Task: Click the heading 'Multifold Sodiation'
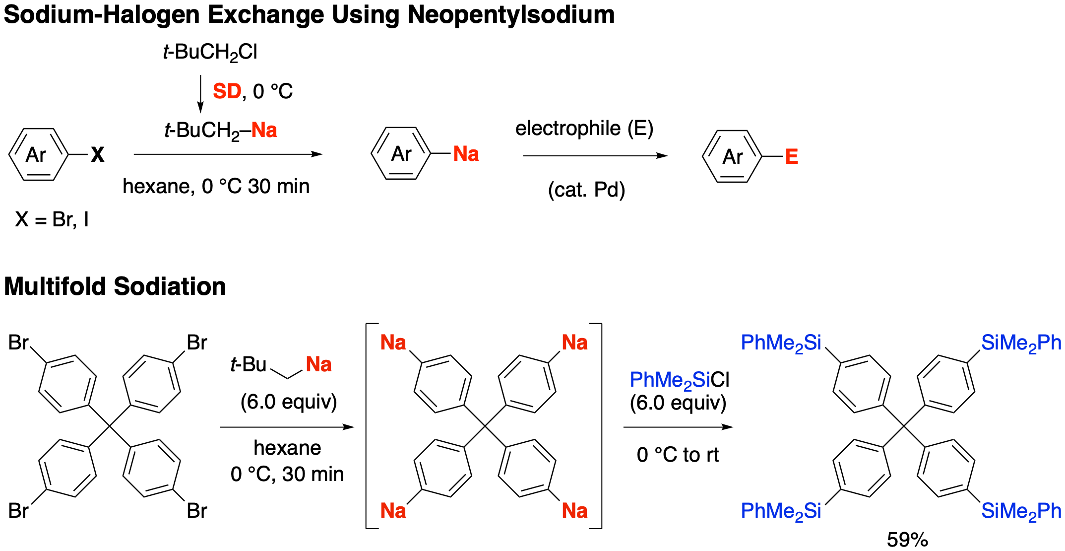(115, 286)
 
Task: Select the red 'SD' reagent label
(227, 91)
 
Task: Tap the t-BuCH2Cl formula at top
(210, 52)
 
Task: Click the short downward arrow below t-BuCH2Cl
(200, 94)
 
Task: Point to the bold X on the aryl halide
(98, 155)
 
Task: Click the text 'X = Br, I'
(52, 219)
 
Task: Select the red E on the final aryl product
(791, 157)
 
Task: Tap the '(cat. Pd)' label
(586, 190)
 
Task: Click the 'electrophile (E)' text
(584, 129)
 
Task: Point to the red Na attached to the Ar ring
(466, 154)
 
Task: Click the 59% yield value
(907, 540)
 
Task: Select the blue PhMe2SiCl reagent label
(679, 381)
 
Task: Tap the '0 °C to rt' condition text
(678, 455)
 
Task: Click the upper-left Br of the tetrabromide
(19, 343)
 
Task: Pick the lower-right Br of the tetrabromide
(196, 510)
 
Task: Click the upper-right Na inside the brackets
(574, 343)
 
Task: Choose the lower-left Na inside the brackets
(393, 510)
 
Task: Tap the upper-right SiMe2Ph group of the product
(1021, 343)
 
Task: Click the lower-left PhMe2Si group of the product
(781, 511)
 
